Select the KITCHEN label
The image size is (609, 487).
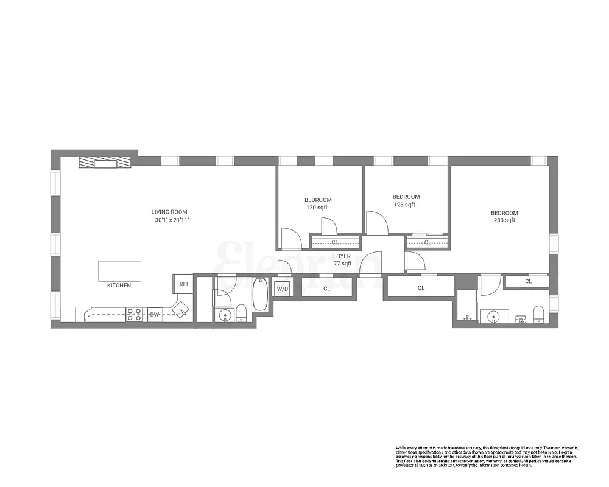point(119,286)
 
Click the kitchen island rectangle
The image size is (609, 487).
point(119,271)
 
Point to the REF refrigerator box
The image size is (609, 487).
point(185,284)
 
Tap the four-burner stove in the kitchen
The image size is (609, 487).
point(134,314)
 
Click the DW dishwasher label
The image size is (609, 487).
point(155,315)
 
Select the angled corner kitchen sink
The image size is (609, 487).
point(181,310)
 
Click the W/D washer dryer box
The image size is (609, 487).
point(283,289)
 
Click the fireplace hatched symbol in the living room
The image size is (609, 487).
point(105,163)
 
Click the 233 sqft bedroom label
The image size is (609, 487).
point(504,220)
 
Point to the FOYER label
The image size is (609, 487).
point(342,256)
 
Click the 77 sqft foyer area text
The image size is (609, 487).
point(342,264)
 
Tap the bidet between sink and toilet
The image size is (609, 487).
point(520,317)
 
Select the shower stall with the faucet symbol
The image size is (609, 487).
point(466,308)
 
